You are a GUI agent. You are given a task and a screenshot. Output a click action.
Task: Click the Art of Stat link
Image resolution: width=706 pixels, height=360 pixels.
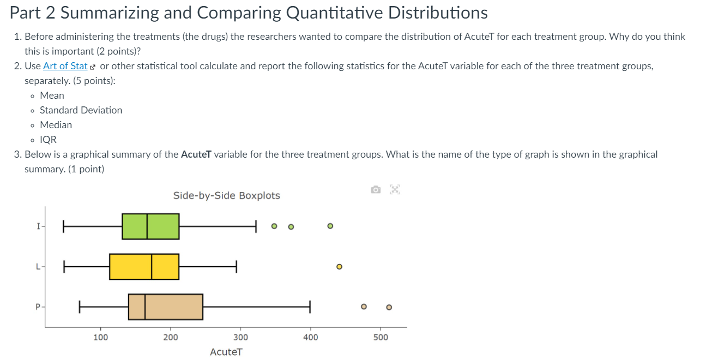[x=65, y=66]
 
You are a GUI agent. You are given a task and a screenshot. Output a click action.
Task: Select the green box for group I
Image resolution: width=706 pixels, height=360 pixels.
[x=150, y=226]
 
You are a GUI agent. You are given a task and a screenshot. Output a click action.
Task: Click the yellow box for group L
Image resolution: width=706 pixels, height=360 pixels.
[x=144, y=267]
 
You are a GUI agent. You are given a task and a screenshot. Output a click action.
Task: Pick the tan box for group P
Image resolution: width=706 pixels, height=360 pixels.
[x=166, y=307]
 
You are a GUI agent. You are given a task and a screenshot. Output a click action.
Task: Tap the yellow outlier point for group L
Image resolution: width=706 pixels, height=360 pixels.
[x=339, y=267]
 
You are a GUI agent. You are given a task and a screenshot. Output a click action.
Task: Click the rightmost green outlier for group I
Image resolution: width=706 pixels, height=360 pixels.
[x=330, y=226]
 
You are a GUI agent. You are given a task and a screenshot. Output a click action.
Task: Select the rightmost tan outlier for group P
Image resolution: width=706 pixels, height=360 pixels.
[x=389, y=307]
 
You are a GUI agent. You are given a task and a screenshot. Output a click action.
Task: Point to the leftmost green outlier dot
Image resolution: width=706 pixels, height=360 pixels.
[x=274, y=226]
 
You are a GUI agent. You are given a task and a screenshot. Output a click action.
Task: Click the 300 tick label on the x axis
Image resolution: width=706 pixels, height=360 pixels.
[x=240, y=337]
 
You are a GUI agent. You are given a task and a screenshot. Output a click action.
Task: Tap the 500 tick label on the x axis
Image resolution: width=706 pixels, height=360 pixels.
[x=381, y=337]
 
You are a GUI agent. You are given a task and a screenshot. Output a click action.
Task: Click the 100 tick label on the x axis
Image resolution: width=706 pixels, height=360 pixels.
[x=100, y=337]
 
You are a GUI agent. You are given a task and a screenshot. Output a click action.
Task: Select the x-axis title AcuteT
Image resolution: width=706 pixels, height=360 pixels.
[x=226, y=352]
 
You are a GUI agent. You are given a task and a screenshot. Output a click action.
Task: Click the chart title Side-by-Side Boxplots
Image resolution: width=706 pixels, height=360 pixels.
[x=226, y=195]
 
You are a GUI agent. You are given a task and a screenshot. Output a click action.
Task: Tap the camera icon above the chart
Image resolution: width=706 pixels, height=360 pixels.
[x=376, y=190]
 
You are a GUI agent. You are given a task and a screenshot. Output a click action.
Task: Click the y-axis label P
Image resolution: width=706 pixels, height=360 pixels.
[x=38, y=307]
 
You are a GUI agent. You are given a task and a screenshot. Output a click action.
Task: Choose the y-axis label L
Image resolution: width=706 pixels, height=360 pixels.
[x=38, y=267]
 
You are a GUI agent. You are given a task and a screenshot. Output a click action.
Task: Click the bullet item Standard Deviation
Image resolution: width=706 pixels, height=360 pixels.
[x=81, y=110]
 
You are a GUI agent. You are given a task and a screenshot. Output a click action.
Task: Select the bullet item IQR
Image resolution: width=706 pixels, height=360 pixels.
[x=48, y=140]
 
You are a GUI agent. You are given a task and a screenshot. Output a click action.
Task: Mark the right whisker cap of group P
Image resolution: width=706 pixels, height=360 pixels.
[x=310, y=307]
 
